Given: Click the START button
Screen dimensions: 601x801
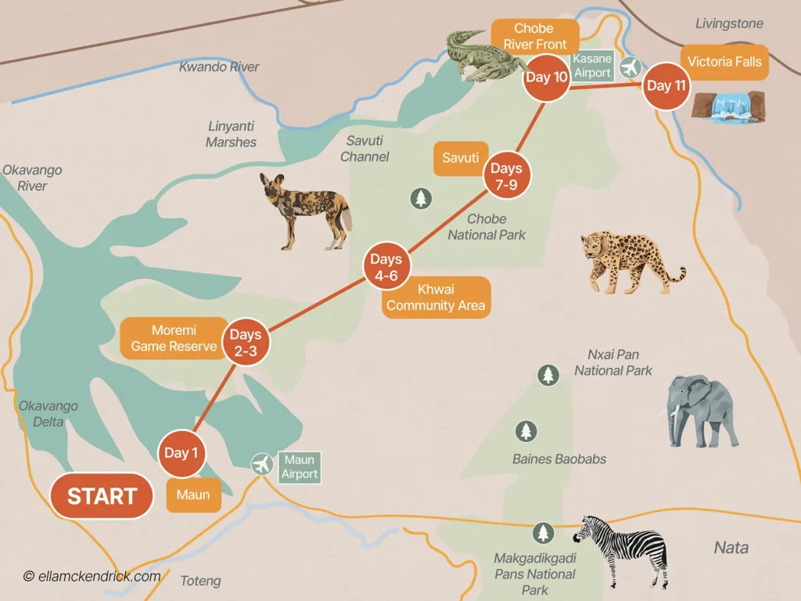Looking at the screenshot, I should pyautogui.click(x=102, y=496).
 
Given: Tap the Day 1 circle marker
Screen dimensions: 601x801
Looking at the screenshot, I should pyautogui.click(x=181, y=453).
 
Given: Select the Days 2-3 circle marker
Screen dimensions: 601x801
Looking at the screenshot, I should pyautogui.click(x=245, y=343).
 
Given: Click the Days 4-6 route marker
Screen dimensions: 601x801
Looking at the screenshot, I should pyautogui.click(x=386, y=267).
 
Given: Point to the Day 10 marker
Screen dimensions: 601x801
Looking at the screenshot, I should pyautogui.click(x=544, y=77).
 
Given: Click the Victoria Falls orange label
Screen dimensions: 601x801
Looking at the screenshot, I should pyautogui.click(x=724, y=63).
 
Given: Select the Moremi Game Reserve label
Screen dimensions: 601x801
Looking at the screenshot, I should pyautogui.click(x=173, y=338).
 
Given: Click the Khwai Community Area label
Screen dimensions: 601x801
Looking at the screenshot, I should pyautogui.click(x=436, y=297).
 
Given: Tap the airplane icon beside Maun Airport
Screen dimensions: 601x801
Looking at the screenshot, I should pyautogui.click(x=262, y=464).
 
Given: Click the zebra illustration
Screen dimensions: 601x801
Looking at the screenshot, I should pyautogui.click(x=621, y=547).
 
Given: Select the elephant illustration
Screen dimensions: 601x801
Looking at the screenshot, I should pyautogui.click(x=702, y=410).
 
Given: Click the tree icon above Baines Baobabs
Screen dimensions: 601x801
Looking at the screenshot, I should pyautogui.click(x=526, y=431).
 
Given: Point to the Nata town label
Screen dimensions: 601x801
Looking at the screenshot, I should pyautogui.click(x=731, y=548).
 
